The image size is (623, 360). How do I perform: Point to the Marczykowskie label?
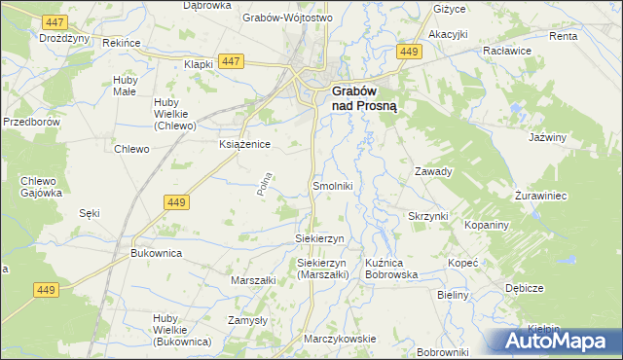coord(340,338)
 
